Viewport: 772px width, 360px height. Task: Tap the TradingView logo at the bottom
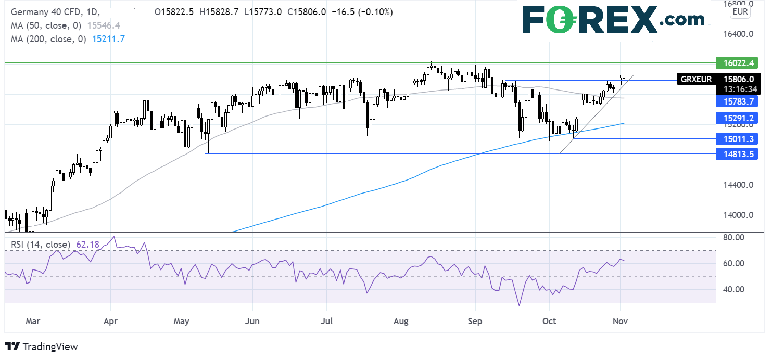coord(41,346)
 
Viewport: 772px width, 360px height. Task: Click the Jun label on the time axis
coord(252,321)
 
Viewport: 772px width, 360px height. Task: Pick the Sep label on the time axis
coord(476,321)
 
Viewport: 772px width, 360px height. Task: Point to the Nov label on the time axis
coord(620,321)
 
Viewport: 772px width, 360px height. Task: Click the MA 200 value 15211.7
coord(107,38)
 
